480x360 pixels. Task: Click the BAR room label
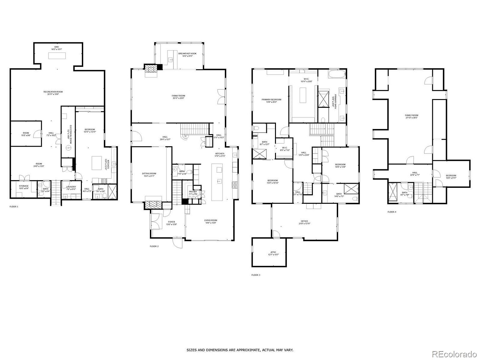point(57,47)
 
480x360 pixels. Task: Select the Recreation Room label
point(53,92)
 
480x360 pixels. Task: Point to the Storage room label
point(24,186)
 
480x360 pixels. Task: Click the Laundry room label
point(71,187)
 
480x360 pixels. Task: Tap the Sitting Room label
point(149,173)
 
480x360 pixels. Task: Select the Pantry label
point(193,192)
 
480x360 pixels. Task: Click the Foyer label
point(172,222)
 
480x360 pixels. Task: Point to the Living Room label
point(211,220)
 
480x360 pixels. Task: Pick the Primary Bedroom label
point(271,100)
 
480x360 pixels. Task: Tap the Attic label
point(273,252)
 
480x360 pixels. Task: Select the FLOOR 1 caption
point(14,207)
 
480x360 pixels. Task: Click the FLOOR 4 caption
point(392,212)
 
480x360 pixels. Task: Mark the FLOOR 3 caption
point(256,275)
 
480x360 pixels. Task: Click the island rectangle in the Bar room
point(57,56)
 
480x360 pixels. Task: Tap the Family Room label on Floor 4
point(412,115)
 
